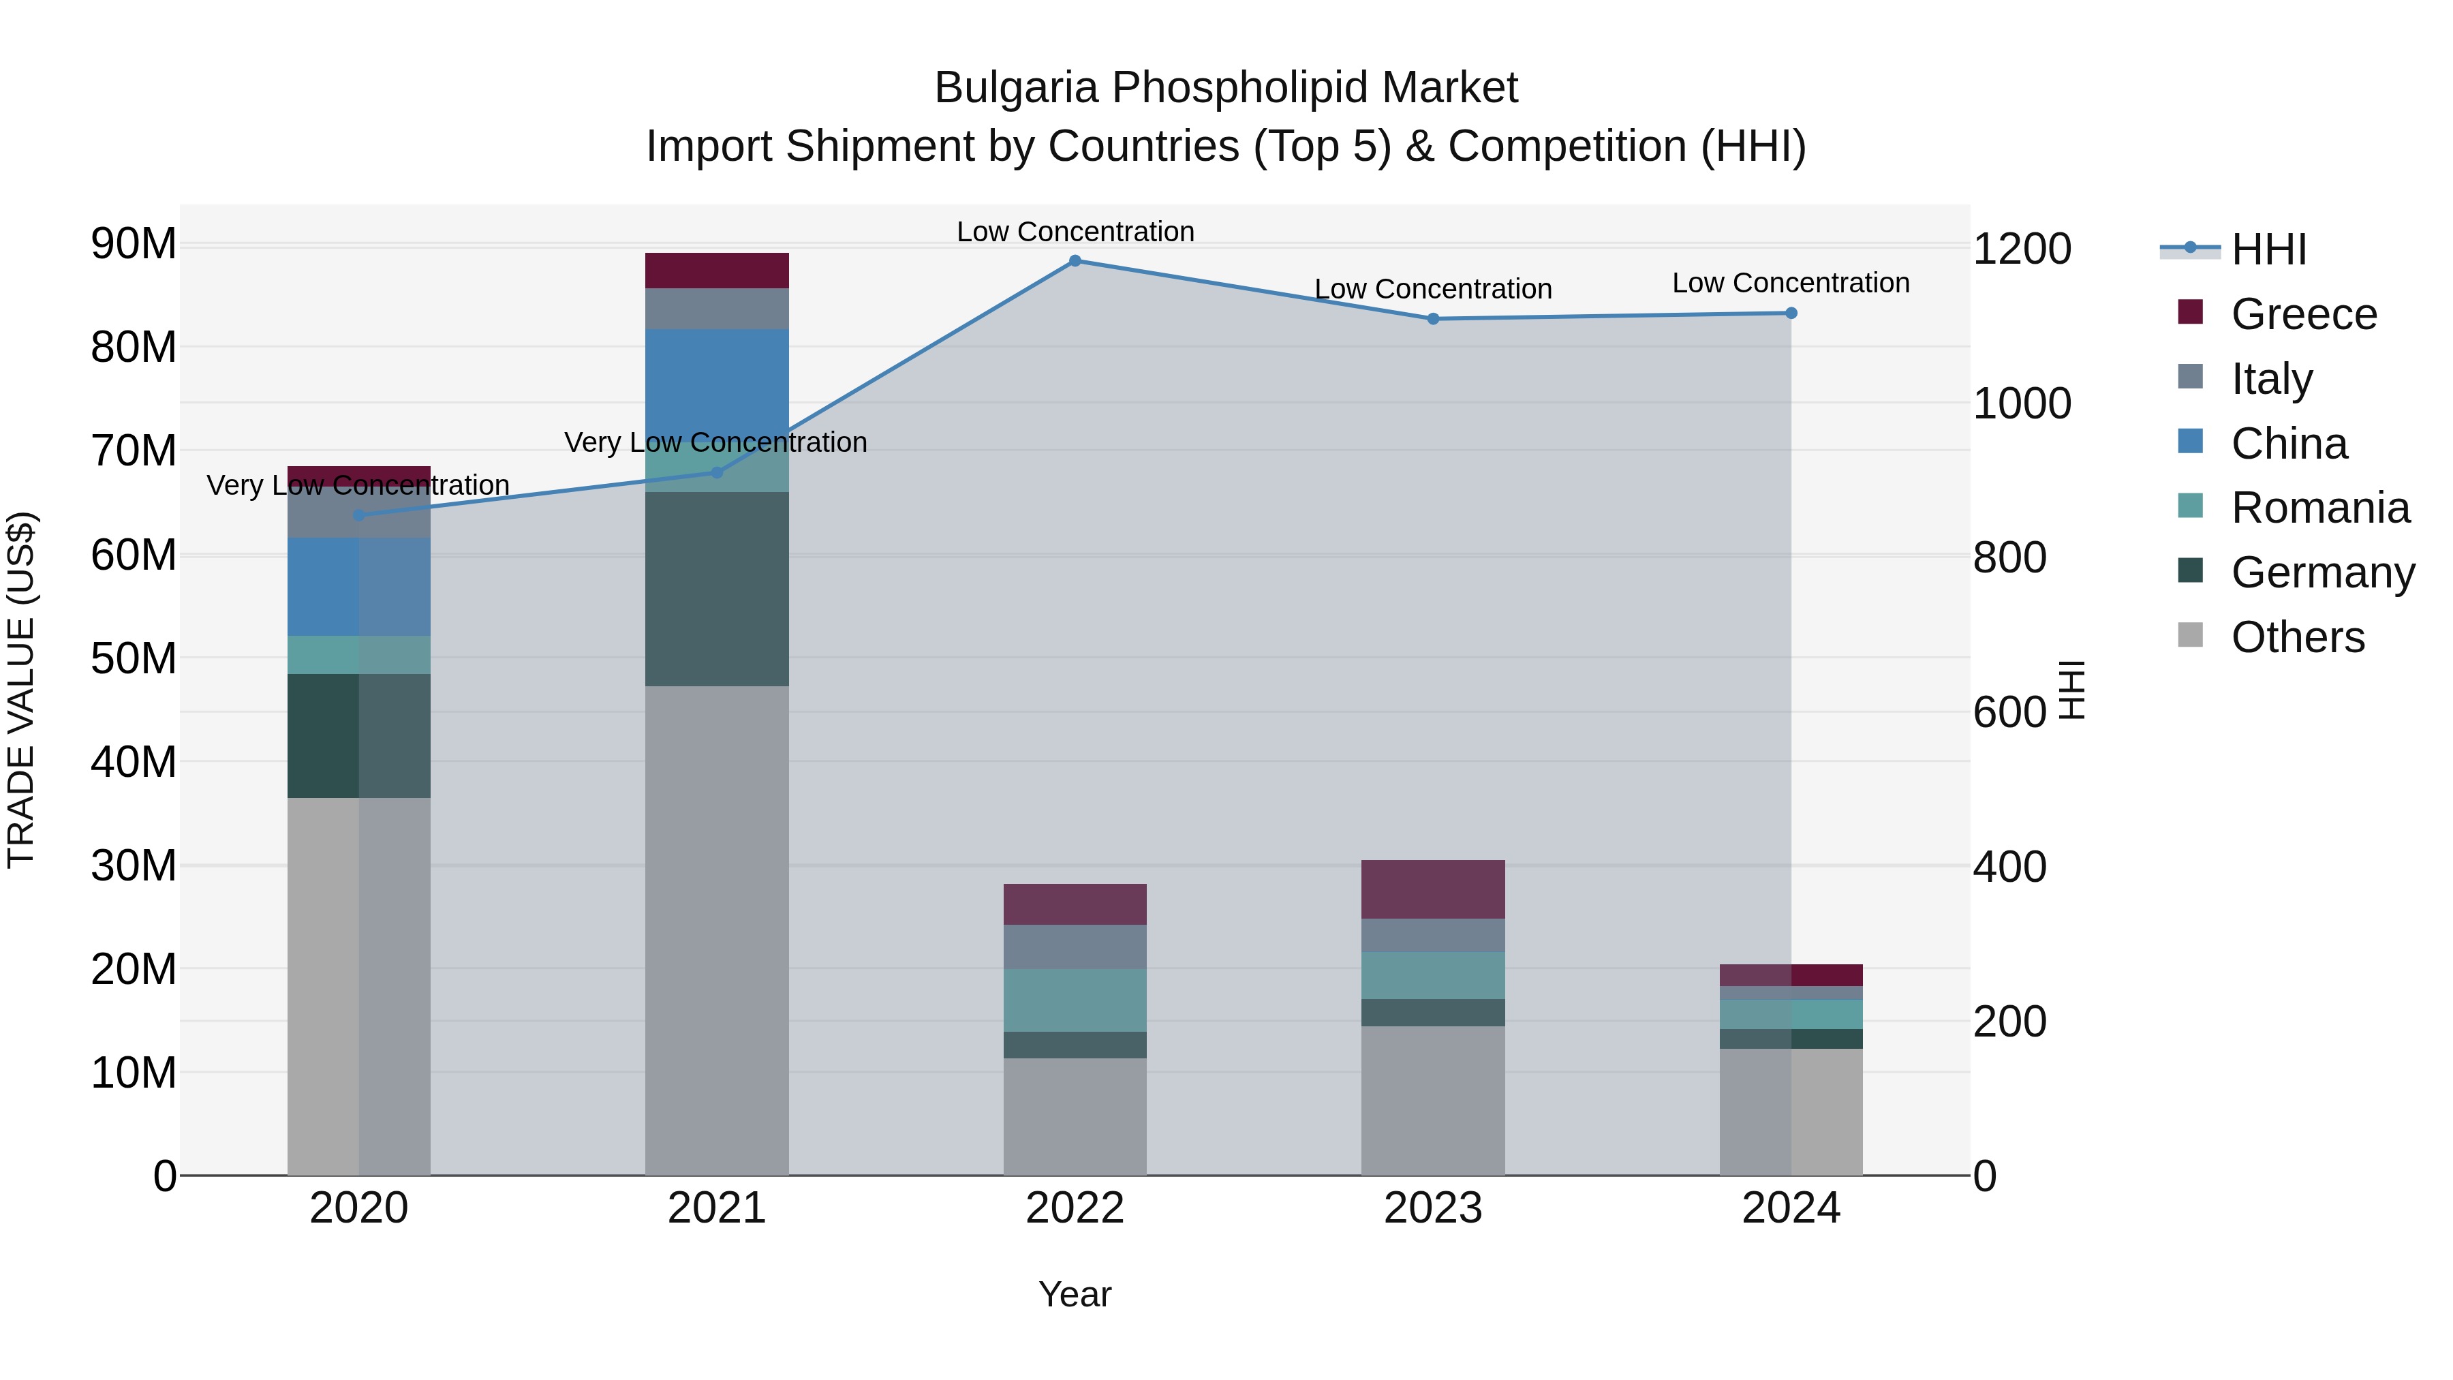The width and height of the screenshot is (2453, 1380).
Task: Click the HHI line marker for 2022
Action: [x=1075, y=261]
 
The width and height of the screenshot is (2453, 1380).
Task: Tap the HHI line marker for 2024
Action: [x=1791, y=313]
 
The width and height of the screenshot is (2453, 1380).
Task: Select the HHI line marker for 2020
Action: [x=359, y=515]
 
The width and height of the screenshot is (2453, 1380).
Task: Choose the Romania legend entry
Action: [x=2319, y=508]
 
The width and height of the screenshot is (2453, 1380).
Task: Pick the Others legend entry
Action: [x=2297, y=637]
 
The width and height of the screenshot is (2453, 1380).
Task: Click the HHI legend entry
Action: [x=2268, y=249]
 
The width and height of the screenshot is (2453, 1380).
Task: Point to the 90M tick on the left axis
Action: [x=134, y=244]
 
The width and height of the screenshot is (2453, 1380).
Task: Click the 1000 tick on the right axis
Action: [x=2022, y=404]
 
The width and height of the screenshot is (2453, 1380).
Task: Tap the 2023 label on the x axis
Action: [x=1432, y=1208]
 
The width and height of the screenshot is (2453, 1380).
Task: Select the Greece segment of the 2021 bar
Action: [x=717, y=271]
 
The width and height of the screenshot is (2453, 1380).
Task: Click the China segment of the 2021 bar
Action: [x=717, y=381]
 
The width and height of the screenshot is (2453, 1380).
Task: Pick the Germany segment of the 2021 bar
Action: [x=717, y=589]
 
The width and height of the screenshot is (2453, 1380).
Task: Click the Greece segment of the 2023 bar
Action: [x=1432, y=889]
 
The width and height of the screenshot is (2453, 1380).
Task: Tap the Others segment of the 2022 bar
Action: [x=1075, y=1116]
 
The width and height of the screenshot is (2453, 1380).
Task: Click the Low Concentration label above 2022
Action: [x=1075, y=232]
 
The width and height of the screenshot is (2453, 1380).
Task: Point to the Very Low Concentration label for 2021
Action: [x=715, y=443]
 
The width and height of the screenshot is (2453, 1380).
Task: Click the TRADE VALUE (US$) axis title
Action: [x=21, y=690]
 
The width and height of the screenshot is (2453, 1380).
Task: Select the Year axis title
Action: [x=1075, y=1294]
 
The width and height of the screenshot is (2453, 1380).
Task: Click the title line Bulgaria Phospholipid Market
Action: [x=1226, y=88]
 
